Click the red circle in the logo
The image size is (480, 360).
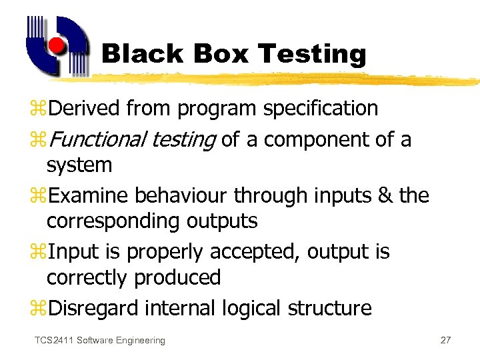[57, 46]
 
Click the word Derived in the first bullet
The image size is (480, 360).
[85, 108]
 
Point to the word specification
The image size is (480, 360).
[321, 109]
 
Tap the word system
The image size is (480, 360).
[79, 165]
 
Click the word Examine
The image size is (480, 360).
[89, 195]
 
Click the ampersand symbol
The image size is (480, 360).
[385, 195]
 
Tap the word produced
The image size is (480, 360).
[180, 277]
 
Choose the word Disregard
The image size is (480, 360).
[95, 308]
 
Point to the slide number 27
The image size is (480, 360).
[446, 341]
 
